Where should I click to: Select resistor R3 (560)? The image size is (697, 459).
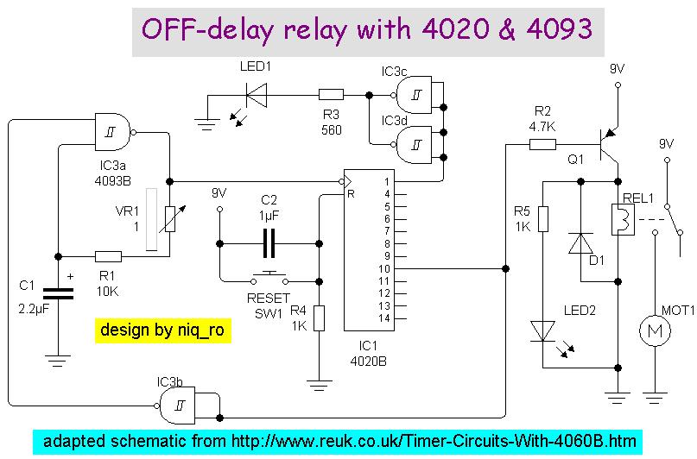point(331,95)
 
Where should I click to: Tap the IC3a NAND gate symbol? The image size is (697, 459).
point(115,131)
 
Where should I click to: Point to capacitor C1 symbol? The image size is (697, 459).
point(58,293)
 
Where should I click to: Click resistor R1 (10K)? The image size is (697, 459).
point(108,256)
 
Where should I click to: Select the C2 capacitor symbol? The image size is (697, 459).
point(269,244)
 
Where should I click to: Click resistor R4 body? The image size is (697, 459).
point(319,318)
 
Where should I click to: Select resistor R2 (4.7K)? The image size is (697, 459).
point(542,144)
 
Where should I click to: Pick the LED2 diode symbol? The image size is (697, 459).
point(543,331)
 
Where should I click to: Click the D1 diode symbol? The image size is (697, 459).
point(580,243)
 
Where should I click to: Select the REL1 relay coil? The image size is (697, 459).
point(619,221)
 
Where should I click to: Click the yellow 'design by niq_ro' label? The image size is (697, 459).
point(162,331)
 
